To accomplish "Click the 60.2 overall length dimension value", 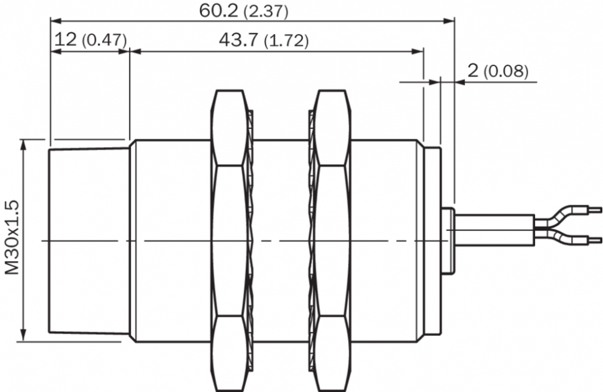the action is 218,10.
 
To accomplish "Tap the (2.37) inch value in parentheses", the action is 266,12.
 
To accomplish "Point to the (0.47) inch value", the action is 104,41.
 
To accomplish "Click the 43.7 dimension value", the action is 239,39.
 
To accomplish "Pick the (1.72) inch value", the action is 286,41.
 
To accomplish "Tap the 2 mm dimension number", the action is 473,70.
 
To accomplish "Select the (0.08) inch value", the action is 506,71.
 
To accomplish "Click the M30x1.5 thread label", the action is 12,238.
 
